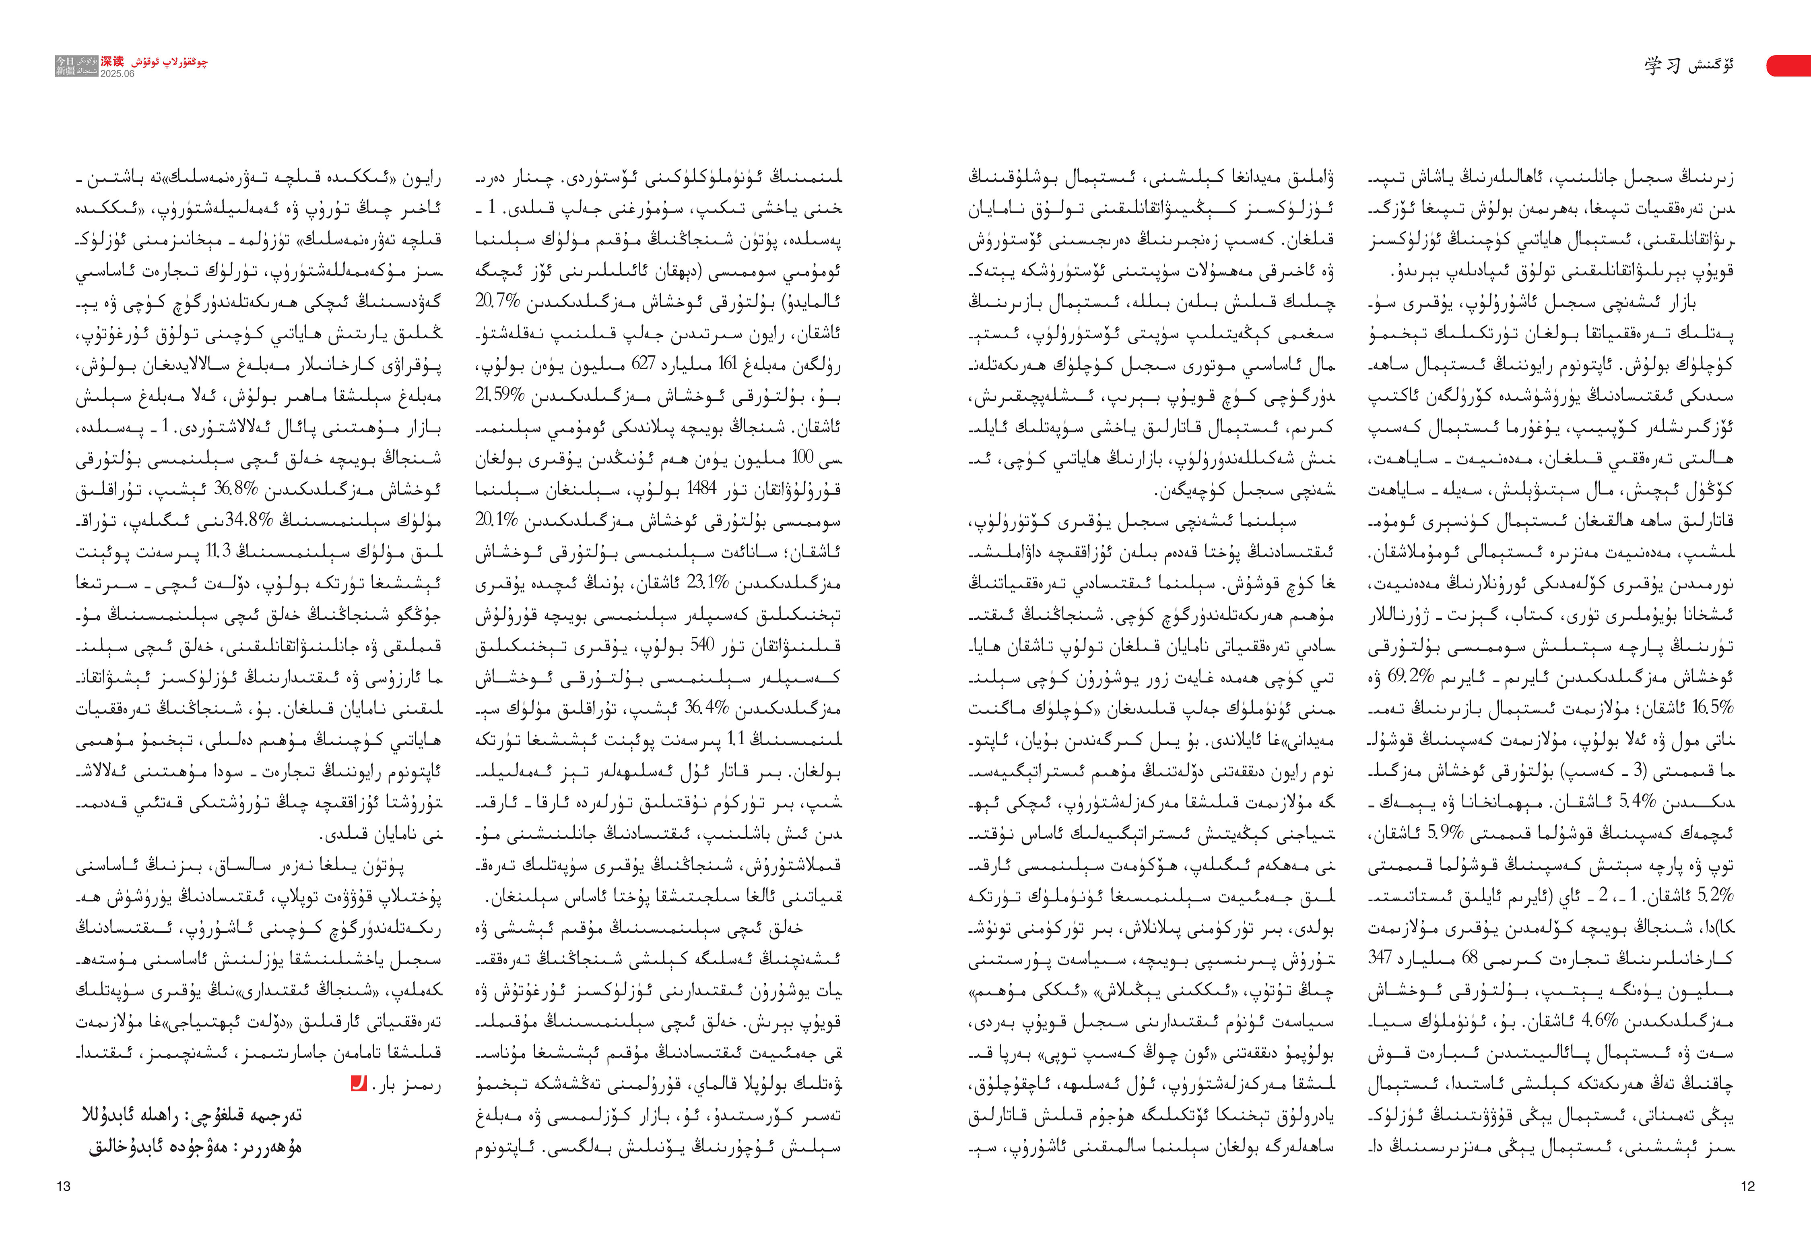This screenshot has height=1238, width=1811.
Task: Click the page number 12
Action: point(1748,1186)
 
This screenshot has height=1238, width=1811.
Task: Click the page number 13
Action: point(64,1186)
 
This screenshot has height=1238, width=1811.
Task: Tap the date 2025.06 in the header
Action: point(117,74)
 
